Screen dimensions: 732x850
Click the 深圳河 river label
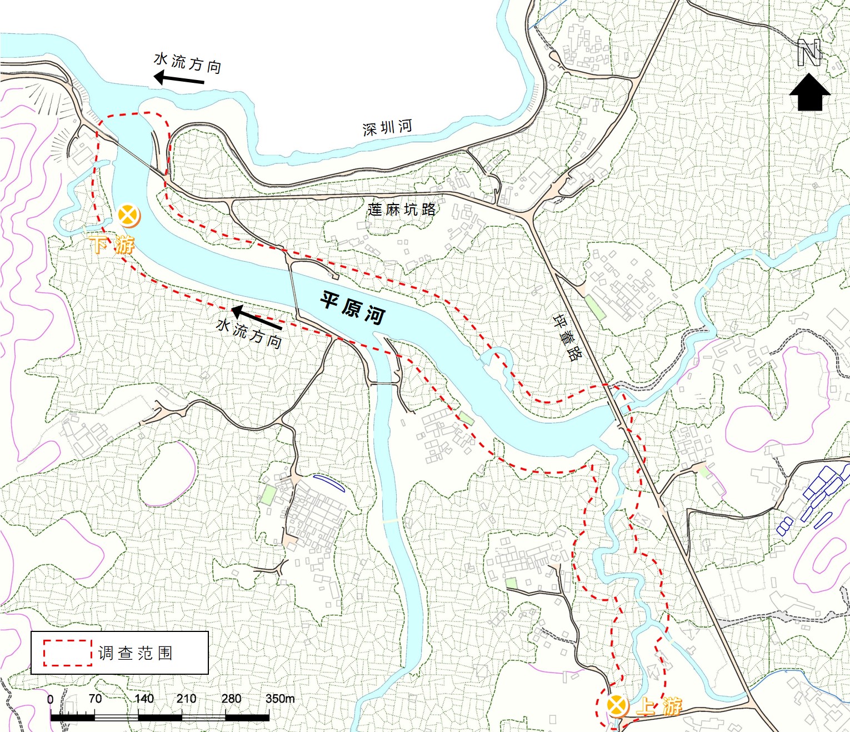click(387, 128)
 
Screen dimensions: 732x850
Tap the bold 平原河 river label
click(353, 307)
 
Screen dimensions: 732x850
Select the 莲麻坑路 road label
click(401, 210)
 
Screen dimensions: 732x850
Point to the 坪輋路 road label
click(567, 337)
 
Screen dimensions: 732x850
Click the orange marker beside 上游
click(617, 706)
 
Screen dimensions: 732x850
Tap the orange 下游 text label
click(112, 244)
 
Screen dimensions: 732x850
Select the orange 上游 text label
click(659, 706)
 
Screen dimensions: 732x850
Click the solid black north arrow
click(809, 93)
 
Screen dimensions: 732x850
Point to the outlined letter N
click(809, 53)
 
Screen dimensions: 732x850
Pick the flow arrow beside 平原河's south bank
click(256, 317)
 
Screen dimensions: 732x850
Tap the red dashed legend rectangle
click(68, 653)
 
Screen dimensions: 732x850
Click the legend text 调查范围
click(136, 653)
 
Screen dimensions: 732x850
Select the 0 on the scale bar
click(51, 699)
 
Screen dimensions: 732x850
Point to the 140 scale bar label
click(143, 699)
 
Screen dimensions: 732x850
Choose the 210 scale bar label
click(186, 699)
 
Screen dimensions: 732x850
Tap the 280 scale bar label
click(231, 699)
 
